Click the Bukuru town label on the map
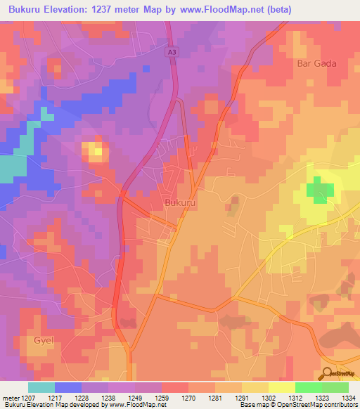pyautogui.click(x=179, y=202)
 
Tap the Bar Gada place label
pyautogui.click(x=319, y=63)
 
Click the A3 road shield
pyautogui.click(x=172, y=51)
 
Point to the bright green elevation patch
pyautogui.click(x=319, y=190)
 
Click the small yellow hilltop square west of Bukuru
pyautogui.click(x=94, y=150)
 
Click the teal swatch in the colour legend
pyautogui.click(x=41, y=387)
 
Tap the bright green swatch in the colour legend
pyautogui.click(x=308, y=387)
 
